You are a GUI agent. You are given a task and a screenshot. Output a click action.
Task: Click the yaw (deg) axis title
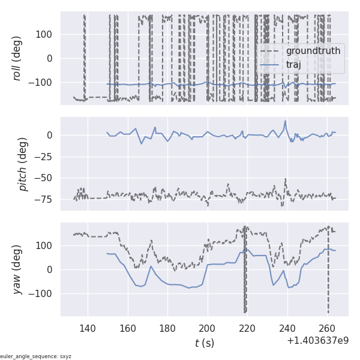point(18,269)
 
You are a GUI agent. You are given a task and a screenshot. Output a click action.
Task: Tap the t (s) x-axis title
point(204,343)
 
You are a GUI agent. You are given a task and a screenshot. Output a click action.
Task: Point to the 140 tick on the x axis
point(88,329)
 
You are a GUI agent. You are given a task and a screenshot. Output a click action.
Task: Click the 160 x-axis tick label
point(128,329)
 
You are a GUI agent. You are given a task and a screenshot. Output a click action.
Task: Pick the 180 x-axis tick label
point(168,329)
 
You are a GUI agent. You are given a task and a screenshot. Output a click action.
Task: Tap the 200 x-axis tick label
point(208,329)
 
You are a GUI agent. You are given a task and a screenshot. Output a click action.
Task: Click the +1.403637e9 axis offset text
point(317,341)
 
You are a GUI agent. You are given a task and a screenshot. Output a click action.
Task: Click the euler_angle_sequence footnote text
point(36,356)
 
